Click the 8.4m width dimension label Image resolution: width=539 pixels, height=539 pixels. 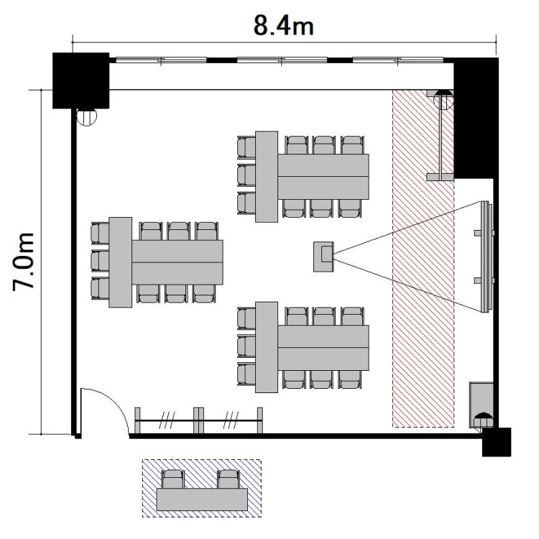click(284, 26)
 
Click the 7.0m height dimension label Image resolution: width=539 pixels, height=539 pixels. click(24, 262)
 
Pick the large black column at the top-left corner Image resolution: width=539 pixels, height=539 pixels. click(80, 80)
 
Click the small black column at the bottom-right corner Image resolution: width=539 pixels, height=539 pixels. click(497, 442)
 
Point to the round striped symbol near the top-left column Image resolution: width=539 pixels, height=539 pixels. click(87, 117)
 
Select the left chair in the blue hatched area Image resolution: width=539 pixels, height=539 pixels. click(173, 479)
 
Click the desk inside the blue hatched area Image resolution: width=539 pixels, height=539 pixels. click(202, 499)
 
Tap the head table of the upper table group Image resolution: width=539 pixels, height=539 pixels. click(267, 177)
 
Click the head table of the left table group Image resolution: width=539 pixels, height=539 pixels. click(120, 262)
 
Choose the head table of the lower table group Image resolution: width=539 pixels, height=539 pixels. click(267, 347)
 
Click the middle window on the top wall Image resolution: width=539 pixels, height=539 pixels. click(282, 60)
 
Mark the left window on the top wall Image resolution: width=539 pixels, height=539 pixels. click(161, 60)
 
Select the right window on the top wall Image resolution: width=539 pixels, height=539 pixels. click(398, 60)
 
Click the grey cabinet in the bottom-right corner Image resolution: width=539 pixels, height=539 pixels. click(482, 405)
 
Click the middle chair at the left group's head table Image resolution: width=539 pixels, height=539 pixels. click(101, 261)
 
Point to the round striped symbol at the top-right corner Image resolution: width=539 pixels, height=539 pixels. click(443, 100)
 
